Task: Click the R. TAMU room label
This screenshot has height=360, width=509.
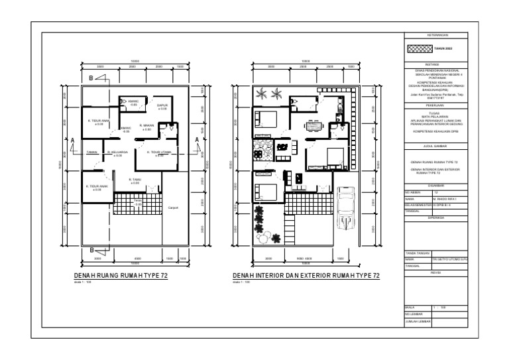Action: click(136, 180)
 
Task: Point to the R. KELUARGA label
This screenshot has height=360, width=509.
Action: click(117, 152)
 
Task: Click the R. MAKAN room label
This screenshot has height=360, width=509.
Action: click(146, 126)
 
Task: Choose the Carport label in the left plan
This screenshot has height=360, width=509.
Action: click(174, 208)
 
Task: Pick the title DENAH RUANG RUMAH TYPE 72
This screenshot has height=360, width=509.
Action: click(121, 276)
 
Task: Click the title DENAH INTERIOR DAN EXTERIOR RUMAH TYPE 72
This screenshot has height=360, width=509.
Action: click(306, 276)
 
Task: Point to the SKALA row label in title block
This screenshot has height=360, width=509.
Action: click(410, 307)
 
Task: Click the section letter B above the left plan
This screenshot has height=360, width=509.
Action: click(91, 79)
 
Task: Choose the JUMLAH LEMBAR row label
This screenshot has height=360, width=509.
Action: click(418, 322)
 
